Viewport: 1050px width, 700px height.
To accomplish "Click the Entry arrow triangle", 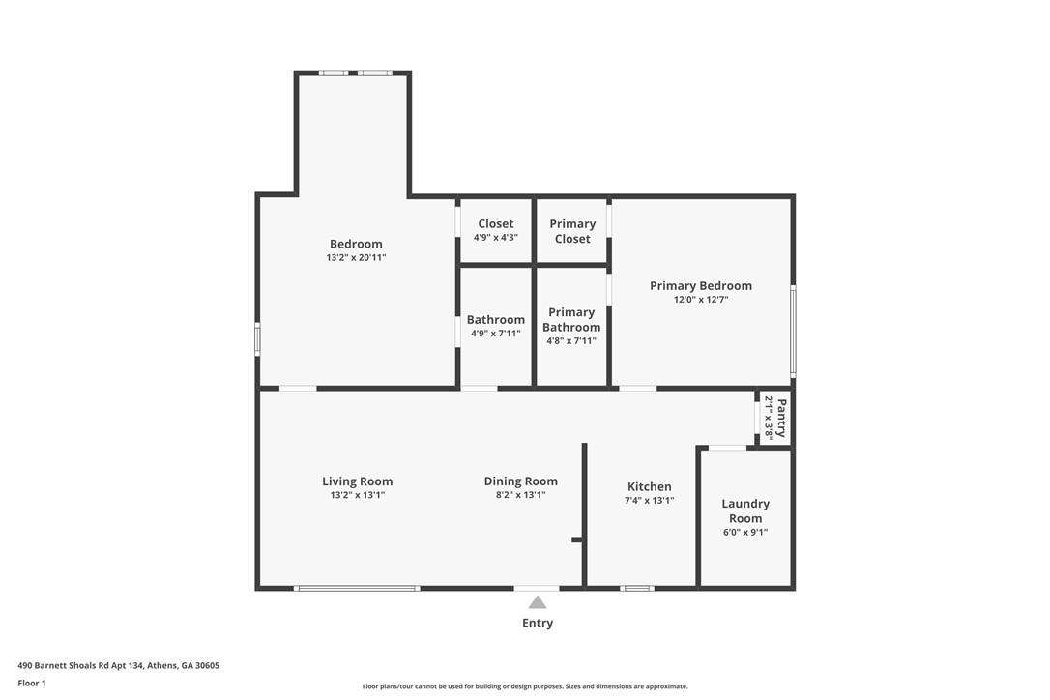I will (538, 602).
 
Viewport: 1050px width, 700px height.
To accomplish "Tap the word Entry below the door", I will (538, 624).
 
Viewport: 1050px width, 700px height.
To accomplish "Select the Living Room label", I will (357, 481).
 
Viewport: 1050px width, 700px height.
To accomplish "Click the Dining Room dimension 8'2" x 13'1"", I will (520, 495).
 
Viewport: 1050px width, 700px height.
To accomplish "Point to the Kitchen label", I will (649, 487).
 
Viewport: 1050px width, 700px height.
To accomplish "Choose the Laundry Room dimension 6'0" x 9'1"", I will (745, 532).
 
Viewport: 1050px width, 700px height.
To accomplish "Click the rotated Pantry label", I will (781, 418).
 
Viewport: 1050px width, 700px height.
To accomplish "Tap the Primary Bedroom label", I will (700, 286).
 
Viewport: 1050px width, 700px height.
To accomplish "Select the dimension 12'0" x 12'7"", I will (700, 300).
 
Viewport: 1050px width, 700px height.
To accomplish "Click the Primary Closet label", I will (572, 231).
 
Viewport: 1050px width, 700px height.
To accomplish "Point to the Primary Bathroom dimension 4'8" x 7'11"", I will (570, 341).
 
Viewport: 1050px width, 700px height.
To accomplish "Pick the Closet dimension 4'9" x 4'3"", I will (495, 238).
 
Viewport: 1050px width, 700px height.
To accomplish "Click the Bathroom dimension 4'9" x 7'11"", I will (495, 334).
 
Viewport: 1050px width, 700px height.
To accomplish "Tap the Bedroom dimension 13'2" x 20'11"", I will (356, 258).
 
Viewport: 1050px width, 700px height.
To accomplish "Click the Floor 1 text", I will (32, 683).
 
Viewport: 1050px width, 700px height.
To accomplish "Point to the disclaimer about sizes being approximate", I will (525, 686).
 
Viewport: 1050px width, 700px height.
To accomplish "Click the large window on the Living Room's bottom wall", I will (357, 588).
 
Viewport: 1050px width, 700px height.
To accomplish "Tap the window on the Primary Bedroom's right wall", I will (793, 331).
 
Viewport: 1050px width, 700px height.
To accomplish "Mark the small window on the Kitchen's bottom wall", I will (636, 588).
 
